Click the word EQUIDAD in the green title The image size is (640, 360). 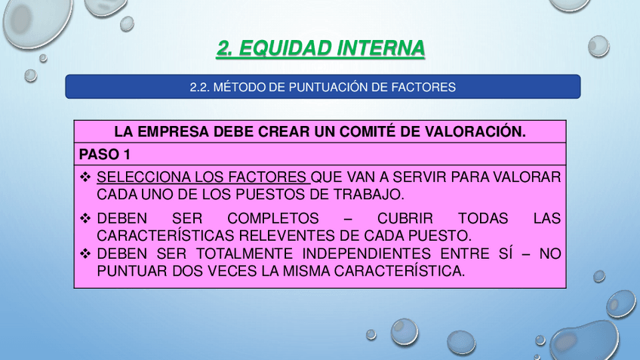click(x=286, y=48)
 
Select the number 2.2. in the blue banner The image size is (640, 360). click(x=198, y=88)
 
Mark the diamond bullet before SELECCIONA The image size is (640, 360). click(x=85, y=178)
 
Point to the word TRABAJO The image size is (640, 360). click(x=368, y=195)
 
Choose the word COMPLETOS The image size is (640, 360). click(x=274, y=219)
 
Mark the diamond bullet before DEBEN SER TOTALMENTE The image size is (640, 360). click(x=85, y=254)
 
